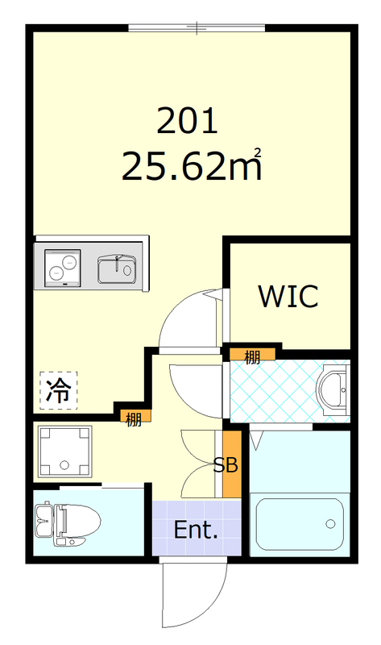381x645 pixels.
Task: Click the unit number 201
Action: [187, 122]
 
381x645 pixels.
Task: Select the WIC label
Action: [288, 296]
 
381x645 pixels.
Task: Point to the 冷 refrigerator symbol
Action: [58, 390]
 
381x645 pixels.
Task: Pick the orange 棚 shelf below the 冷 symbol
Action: [132, 417]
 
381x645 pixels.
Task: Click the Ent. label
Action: [196, 531]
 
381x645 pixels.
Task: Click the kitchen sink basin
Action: [117, 268]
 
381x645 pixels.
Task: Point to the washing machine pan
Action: [64, 451]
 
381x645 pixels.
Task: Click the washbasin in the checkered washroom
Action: [333, 390]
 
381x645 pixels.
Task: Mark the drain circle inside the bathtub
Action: [329, 524]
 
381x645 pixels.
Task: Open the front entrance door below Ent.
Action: [193, 597]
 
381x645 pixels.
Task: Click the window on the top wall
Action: [196, 29]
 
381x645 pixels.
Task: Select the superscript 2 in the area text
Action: [258, 151]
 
